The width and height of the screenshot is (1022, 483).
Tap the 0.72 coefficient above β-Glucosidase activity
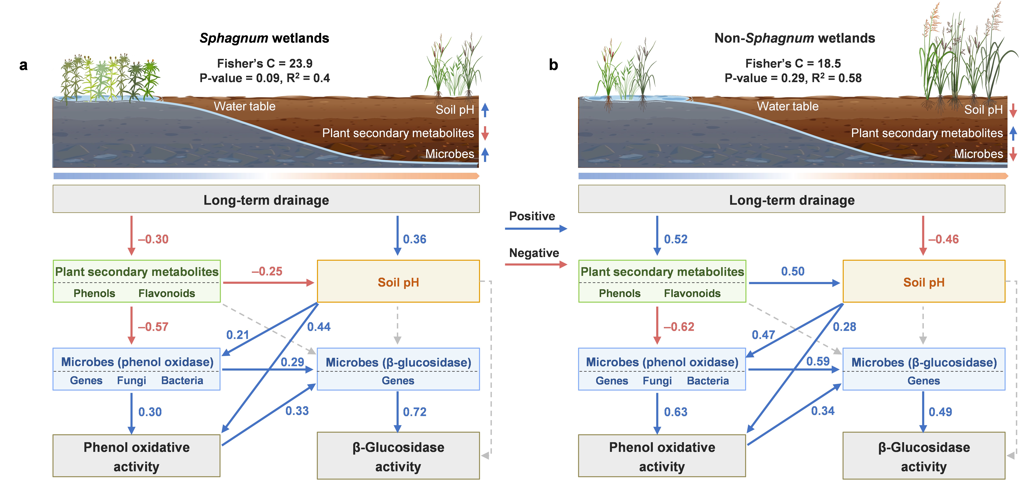click(415, 412)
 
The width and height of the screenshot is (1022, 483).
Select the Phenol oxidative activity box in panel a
click(136, 456)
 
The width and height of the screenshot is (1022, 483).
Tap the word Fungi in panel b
click(657, 381)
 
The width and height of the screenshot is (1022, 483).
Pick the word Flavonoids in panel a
click(167, 294)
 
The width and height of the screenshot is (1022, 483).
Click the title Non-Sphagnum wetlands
click(795, 38)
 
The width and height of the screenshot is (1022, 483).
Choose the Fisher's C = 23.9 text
click(265, 64)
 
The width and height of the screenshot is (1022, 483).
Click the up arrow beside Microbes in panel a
click(485, 154)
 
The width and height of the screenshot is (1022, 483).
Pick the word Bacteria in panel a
click(182, 381)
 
